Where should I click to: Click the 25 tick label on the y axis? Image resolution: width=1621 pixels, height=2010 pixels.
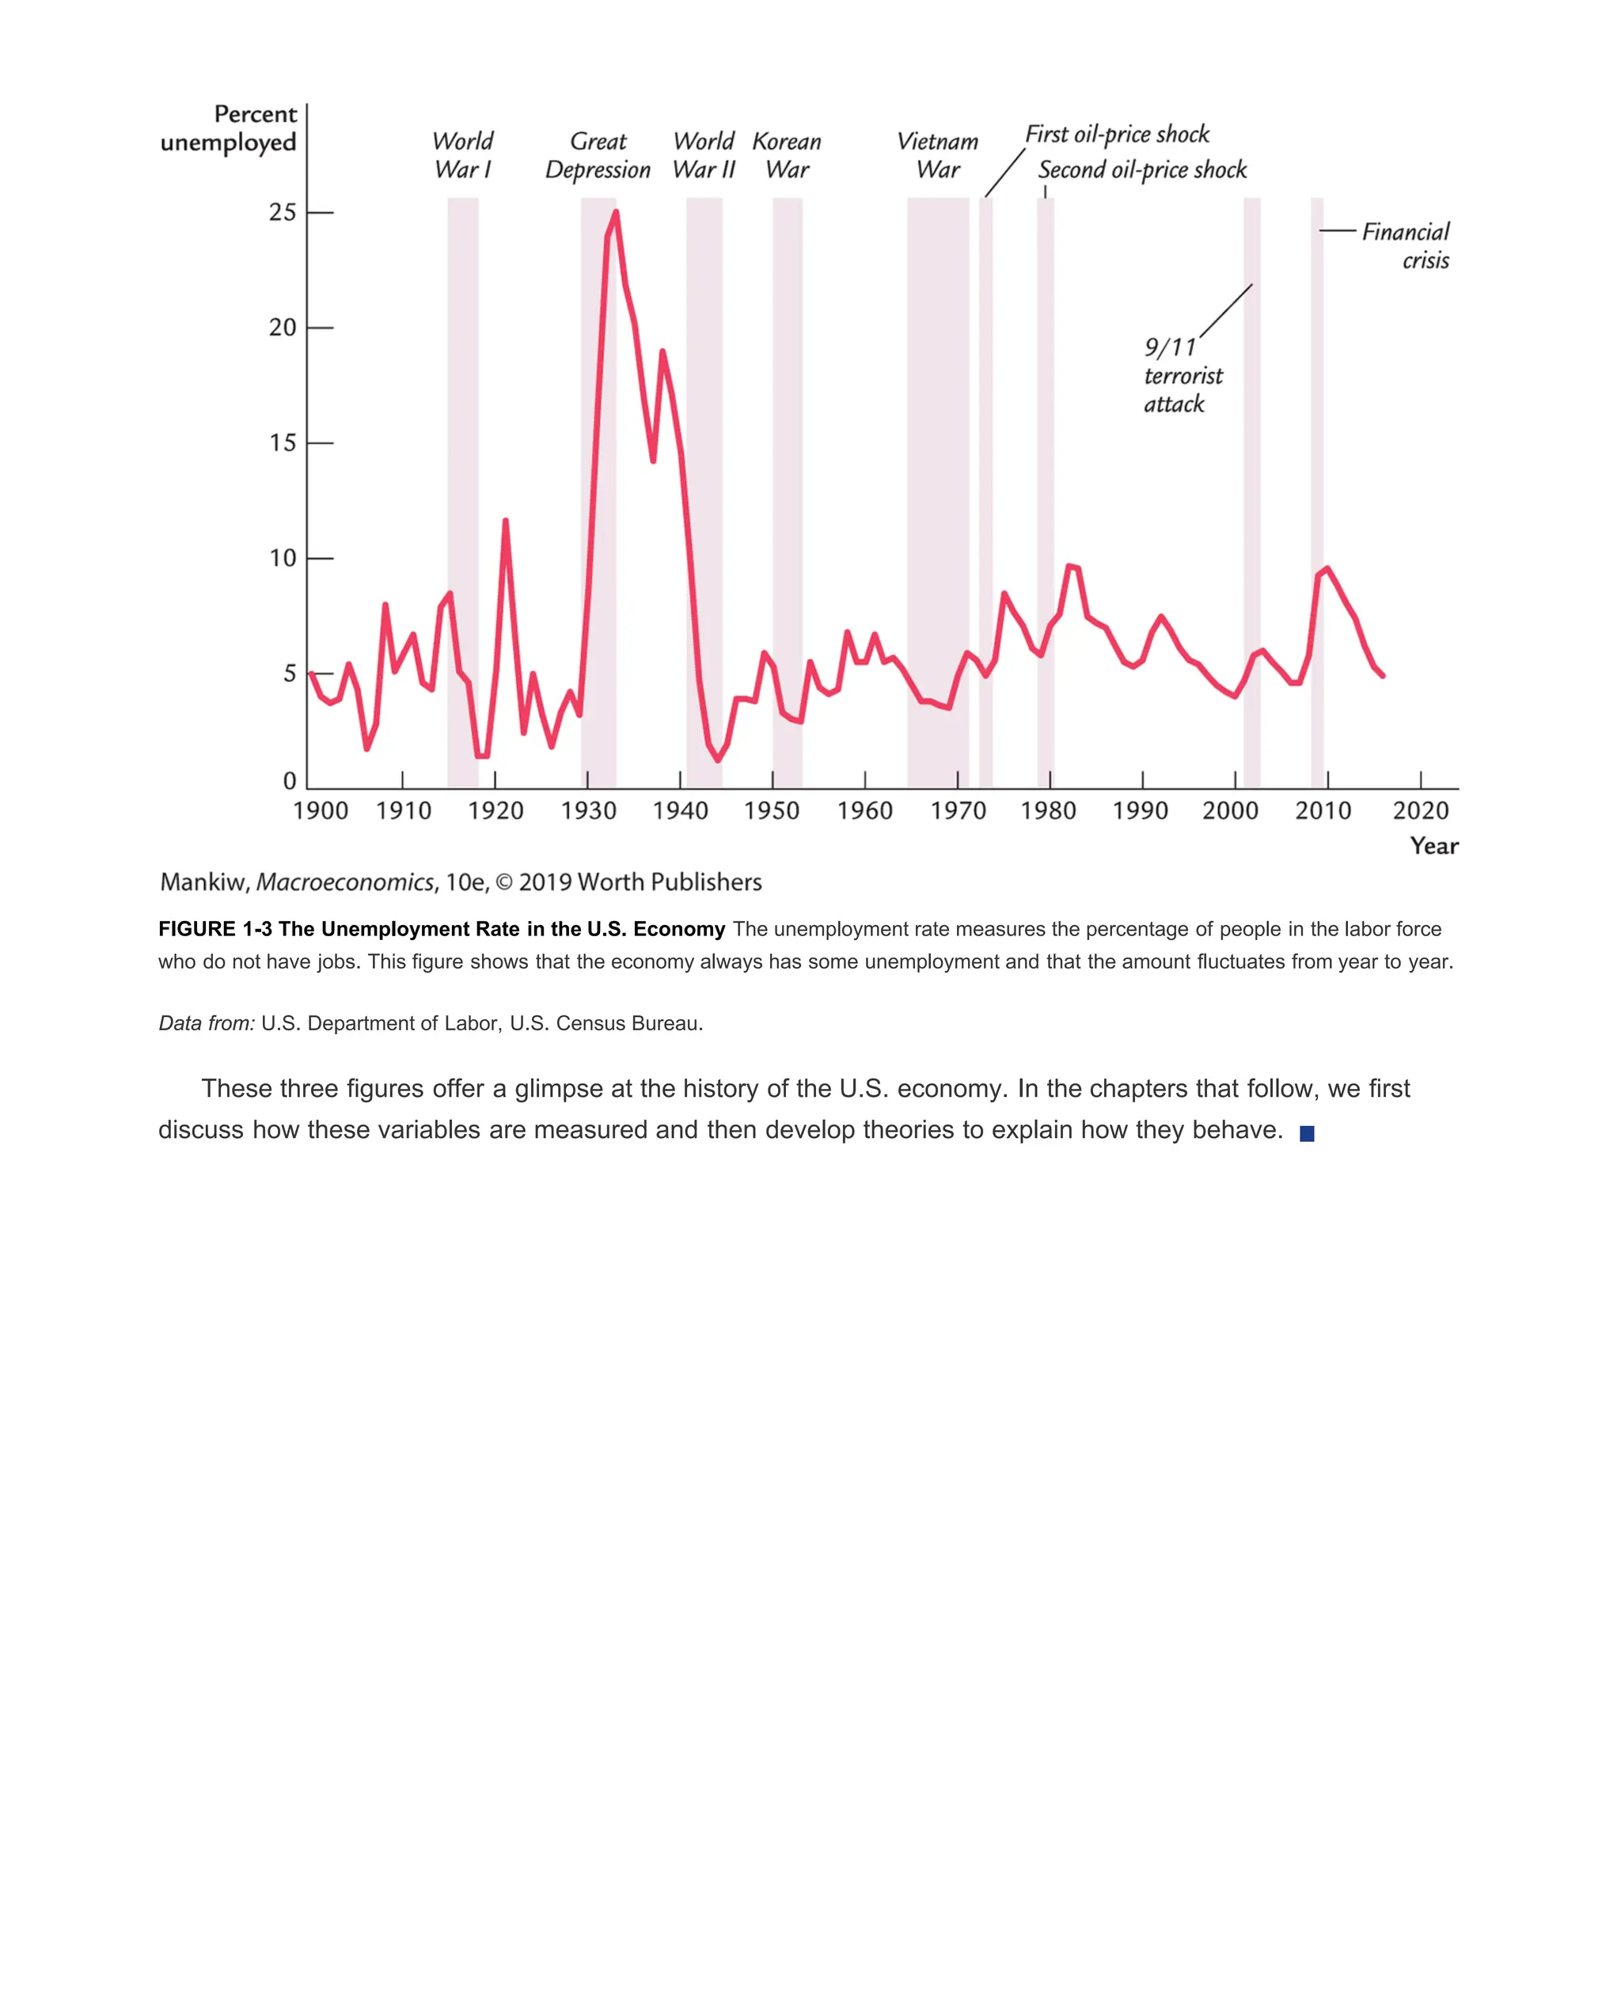point(282,213)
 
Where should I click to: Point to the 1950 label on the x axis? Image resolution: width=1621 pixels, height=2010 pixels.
point(771,810)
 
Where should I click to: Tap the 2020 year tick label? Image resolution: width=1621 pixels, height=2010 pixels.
point(1420,810)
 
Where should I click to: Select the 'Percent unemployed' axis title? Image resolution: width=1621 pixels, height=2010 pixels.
point(230,129)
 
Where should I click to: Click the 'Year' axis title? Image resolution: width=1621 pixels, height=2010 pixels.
point(1433,846)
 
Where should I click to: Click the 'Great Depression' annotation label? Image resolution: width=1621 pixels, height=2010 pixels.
point(598,156)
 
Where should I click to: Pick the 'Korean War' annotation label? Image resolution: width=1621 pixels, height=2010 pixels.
point(786,156)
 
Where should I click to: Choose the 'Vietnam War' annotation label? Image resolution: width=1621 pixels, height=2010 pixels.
point(937,156)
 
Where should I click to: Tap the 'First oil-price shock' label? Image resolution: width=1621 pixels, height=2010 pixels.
point(1117,135)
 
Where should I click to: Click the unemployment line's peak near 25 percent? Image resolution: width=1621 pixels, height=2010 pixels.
point(615,213)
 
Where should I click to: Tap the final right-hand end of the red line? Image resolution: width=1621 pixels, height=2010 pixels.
point(1383,676)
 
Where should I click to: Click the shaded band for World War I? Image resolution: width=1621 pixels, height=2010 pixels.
point(462,467)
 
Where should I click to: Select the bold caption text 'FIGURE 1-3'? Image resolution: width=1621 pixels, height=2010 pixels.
point(214,929)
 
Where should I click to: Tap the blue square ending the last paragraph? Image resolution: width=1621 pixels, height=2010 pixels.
point(1306,1133)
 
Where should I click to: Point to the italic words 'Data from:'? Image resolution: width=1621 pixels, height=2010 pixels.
point(207,1023)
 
